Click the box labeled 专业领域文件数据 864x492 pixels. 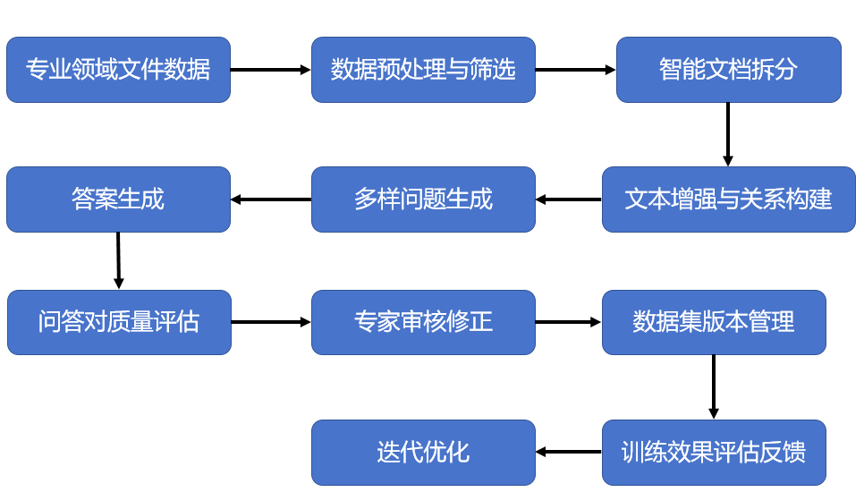[118, 70]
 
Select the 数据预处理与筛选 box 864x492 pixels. [423, 70]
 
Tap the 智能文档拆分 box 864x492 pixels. [728, 70]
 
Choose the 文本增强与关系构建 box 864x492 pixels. [728, 199]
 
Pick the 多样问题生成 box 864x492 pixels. [423, 199]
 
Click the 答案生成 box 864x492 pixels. [118, 199]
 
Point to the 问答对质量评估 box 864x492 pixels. [119, 322]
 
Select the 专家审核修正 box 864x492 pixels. [423, 322]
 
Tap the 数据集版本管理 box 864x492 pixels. [714, 322]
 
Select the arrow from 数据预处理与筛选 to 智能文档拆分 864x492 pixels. [575, 70]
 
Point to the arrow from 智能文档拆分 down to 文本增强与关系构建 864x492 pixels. [728, 134]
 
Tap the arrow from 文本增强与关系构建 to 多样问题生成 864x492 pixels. [569, 199]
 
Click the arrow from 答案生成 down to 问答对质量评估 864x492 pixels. [118, 260]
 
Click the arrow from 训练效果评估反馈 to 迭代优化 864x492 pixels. [569, 452]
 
